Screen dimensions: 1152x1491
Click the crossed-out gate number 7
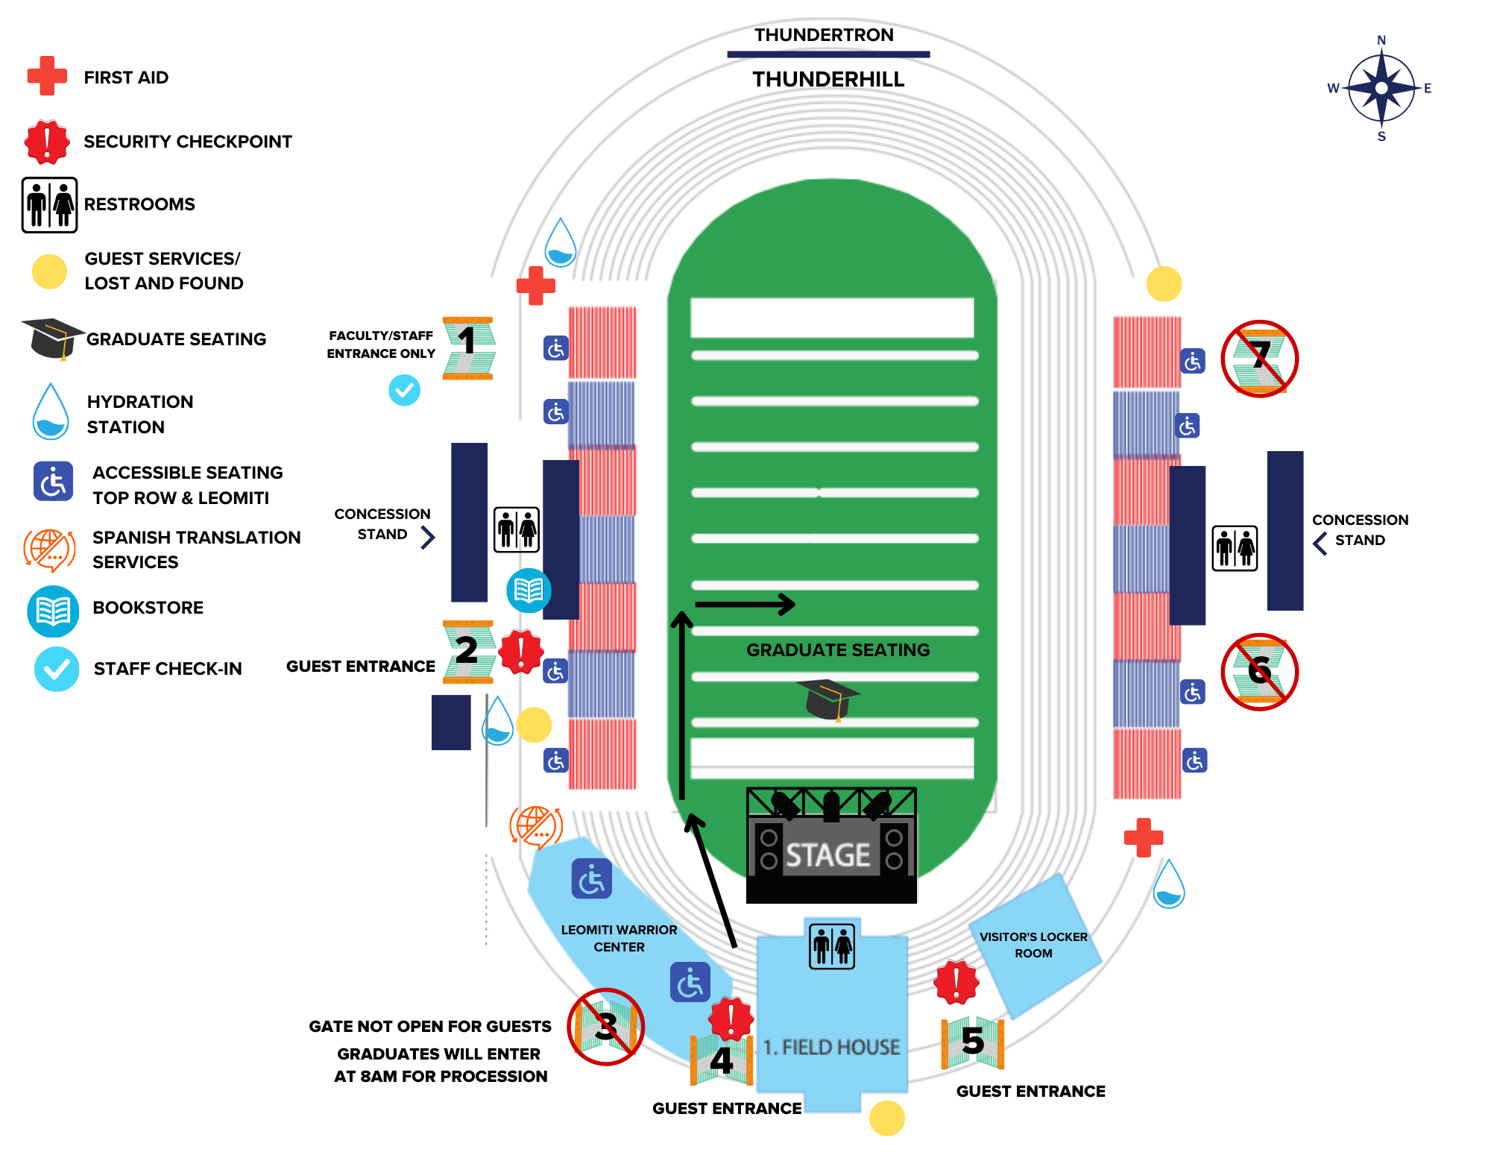[x=1259, y=359]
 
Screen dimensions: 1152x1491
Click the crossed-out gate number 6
[x=1259, y=671]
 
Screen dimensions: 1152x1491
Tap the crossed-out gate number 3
[x=605, y=1027]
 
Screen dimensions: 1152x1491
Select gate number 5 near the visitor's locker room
[x=972, y=1041]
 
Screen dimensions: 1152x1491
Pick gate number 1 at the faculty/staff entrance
[x=467, y=347]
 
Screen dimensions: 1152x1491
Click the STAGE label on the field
[x=828, y=854]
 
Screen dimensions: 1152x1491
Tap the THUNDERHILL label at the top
[x=828, y=79]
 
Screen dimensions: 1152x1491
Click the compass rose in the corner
[x=1381, y=88]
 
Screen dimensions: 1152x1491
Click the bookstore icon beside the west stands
[x=529, y=591]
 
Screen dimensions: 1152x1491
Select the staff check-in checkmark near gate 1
[x=404, y=390]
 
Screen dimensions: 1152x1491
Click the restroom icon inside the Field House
[x=832, y=946]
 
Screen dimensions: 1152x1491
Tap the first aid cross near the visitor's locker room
[x=1144, y=837]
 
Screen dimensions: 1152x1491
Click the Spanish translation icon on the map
[x=535, y=826]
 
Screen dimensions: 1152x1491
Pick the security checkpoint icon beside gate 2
[x=520, y=651]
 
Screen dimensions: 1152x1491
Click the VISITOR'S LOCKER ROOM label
[x=1033, y=945]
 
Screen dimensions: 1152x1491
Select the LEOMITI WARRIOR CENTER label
[x=619, y=938]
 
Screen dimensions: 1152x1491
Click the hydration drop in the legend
[x=51, y=412]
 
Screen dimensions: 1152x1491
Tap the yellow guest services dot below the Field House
[x=886, y=1118]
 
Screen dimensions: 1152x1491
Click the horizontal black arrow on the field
[x=745, y=604]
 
